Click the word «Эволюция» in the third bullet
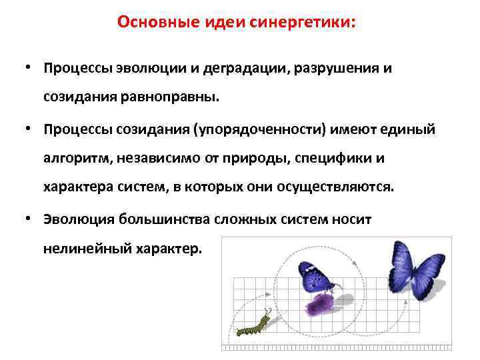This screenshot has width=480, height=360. (74, 219)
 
